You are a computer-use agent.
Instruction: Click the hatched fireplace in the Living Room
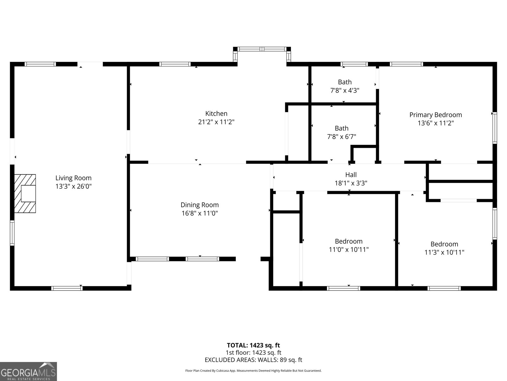coord(25,193)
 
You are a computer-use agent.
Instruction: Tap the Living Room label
coord(73,178)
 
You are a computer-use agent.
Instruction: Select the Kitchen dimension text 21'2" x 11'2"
coord(216,122)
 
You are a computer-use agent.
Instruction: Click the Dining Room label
coord(200,205)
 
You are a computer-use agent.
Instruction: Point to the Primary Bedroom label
coord(435,115)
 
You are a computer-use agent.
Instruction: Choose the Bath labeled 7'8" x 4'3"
coord(344,82)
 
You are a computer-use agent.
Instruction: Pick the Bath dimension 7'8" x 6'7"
coord(341,137)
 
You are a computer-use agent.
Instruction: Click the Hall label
coord(351,175)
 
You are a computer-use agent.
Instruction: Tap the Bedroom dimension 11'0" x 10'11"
coord(349,250)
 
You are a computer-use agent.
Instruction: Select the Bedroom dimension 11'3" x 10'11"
coord(444,252)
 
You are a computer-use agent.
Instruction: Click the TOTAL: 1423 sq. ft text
coord(253,345)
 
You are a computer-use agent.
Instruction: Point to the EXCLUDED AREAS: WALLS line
coord(253,360)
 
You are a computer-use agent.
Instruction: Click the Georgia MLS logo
coord(28,371)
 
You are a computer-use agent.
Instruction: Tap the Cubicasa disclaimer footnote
coord(253,371)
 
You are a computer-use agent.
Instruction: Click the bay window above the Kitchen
coord(262,49)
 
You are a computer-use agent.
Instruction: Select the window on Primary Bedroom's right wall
coord(494,128)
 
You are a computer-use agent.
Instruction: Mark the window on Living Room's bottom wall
coord(67,288)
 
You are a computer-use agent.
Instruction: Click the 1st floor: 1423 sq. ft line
coord(253,352)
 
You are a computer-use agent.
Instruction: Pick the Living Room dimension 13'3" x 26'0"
coord(73,186)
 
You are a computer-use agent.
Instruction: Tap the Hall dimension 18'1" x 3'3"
coord(351,183)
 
